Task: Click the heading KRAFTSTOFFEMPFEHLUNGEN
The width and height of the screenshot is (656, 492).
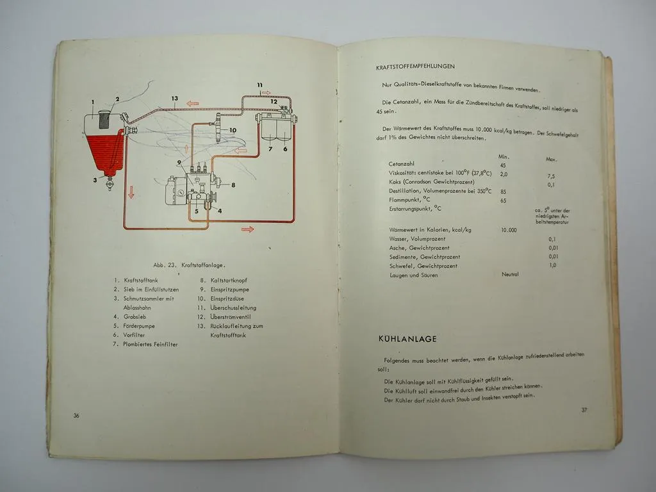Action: pos(416,65)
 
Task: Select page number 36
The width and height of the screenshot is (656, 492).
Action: pos(76,415)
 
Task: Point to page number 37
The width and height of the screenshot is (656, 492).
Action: pos(584,410)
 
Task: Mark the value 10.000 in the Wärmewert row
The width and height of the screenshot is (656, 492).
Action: pos(509,229)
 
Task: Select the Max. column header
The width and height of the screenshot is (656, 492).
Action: pos(551,159)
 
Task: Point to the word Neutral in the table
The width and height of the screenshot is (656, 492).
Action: pos(510,274)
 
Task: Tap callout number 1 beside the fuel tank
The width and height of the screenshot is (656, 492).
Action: pos(93,102)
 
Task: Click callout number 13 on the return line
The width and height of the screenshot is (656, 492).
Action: pos(174,98)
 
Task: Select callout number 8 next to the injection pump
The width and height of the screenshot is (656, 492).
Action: pos(234,185)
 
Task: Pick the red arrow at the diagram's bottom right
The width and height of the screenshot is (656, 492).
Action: pos(247,229)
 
